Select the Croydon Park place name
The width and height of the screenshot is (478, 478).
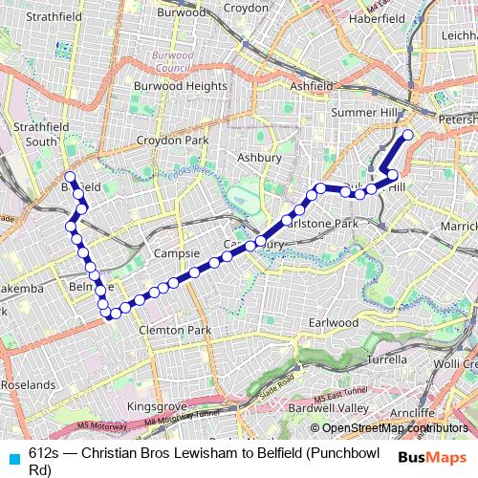[x=172, y=141]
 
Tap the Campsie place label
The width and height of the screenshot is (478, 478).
[x=176, y=255]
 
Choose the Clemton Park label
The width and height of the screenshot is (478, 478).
[x=174, y=330]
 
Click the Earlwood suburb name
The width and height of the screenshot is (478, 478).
[x=333, y=323]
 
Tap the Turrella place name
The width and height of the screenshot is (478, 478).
[x=386, y=360]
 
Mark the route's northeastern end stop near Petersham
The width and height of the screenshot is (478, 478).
[x=407, y=136]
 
